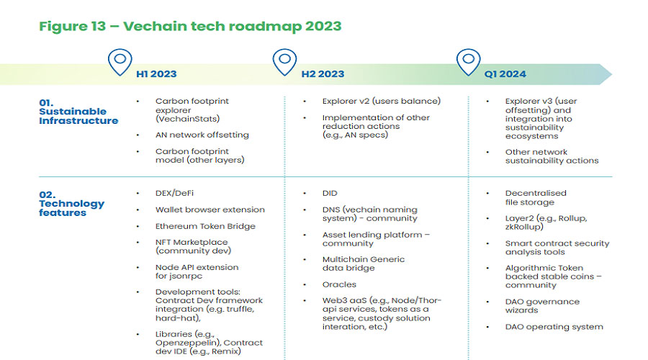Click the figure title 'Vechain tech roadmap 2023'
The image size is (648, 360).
click(233, 26)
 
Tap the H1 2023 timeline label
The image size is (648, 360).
click(156, 74)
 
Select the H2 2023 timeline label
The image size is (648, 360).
click(323, 74)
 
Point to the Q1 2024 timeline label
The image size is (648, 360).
click(505, 74)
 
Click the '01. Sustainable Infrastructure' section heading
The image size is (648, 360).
click(78, 112)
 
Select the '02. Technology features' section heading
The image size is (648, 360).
click(71, 203)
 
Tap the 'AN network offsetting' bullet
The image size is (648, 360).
click(202, 135)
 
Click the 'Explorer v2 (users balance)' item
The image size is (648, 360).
click(382, 102)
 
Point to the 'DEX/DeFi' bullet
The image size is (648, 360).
click(174, 193)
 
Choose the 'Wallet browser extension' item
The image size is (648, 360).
click(210, 210)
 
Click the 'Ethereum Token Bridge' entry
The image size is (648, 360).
click(205, 226)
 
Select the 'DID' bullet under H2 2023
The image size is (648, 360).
click(330, 193)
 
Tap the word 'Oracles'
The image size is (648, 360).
click(339, 284)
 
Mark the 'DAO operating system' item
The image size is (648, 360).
click(554, 327)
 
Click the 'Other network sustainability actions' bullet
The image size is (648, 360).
click(552, 156)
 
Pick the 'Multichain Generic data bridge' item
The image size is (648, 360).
click(364, 264)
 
